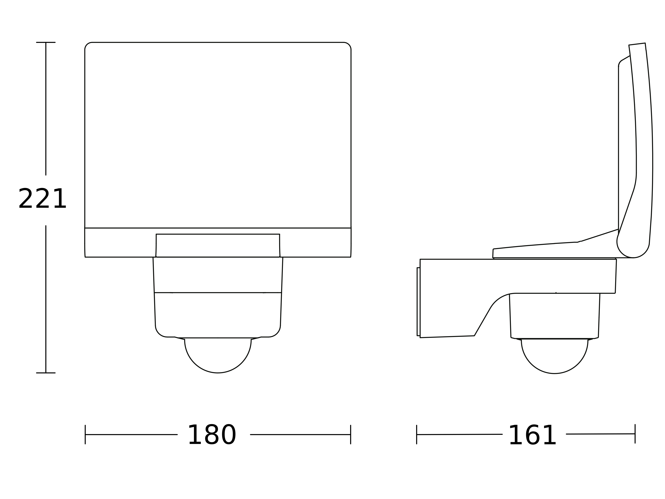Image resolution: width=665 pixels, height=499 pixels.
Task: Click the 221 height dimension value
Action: pos(42,199)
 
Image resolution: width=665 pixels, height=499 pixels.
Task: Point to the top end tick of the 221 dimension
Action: pos(46,42)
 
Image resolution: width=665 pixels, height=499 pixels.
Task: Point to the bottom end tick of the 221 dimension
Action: pos(46,373)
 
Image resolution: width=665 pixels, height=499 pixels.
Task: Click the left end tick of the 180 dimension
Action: pos(85,435)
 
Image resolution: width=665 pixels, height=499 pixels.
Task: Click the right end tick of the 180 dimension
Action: pos(350,435)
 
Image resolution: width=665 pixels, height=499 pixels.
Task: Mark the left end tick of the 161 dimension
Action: pos(417,435)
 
